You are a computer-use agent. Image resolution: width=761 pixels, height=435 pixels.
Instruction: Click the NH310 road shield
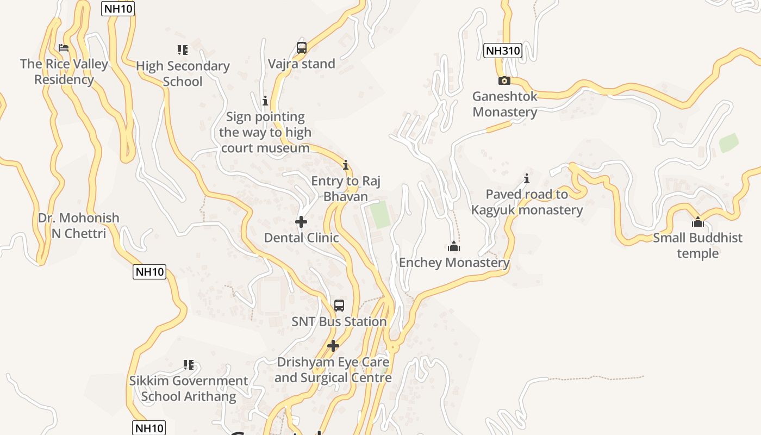click(502, 51)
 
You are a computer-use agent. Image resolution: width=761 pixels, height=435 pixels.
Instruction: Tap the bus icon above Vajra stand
click(302, 47)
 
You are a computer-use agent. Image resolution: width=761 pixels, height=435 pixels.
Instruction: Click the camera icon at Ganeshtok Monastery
click(504, 80)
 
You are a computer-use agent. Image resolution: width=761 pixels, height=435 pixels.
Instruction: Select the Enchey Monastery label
click(454, 263)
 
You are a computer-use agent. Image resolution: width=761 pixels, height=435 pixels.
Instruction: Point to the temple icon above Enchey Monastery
click(454, 247)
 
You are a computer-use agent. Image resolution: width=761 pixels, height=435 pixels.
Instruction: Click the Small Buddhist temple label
click(697, 245)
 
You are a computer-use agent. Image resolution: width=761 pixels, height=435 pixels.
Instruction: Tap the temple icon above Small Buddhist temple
click(697, 222)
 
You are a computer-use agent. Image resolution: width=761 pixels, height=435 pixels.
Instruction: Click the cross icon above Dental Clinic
click(301, 222)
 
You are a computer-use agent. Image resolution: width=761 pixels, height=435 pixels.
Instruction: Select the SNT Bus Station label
click(339, 321)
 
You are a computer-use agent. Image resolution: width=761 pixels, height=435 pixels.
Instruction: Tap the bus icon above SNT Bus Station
click(339, 306)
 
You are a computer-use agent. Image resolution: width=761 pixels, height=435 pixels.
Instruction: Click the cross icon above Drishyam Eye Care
click(333, 346)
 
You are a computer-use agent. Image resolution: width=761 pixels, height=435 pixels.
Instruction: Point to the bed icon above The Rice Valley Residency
click(64, 48)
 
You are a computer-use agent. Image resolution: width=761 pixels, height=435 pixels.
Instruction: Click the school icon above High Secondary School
click(183, 50)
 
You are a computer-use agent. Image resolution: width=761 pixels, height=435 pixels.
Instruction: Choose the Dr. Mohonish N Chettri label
click(78, 226)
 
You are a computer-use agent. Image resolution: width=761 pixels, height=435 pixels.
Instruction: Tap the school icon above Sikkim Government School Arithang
click(189, 364)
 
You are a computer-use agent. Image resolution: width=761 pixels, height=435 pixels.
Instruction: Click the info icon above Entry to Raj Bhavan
click(345, 165)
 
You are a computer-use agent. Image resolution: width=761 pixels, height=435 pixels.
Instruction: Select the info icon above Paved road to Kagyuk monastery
click(526, 178)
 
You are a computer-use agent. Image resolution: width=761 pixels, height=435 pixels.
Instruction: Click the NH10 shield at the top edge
click(118, 9)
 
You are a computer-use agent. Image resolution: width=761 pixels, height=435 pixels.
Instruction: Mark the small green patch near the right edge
click(729, 143)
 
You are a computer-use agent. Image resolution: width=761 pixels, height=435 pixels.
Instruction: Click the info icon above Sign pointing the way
click(265, 101)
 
